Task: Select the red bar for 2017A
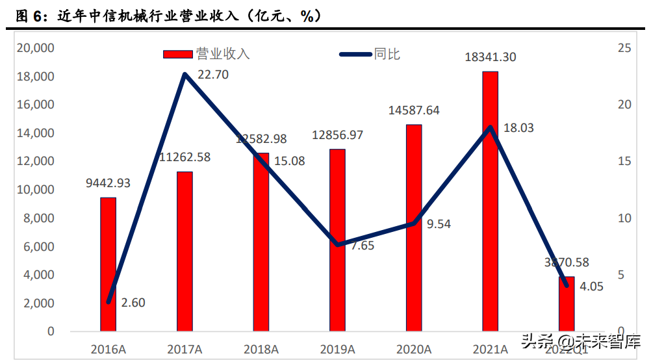click(185, 253)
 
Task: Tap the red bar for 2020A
click(414, 227)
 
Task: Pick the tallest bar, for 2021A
click(490, 201)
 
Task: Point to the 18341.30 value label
click(491, 57)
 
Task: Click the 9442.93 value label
click(108, 183)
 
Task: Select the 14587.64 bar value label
click(414, 110)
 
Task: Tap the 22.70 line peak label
click(213, 75)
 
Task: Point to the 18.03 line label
click(518, 128)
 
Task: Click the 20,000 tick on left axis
click(35, 48)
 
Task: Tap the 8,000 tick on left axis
click(39, 218)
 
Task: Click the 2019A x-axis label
click(337, 349)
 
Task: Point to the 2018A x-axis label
click(261, 349)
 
